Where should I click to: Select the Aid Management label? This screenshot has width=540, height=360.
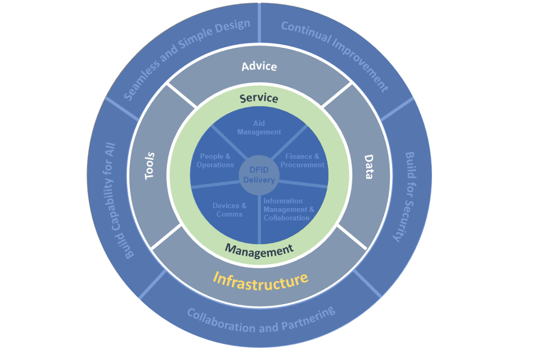pos(259,128)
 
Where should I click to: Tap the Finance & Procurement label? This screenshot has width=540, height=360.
pos(303,161)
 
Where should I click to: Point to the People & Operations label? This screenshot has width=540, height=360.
pos(215,161)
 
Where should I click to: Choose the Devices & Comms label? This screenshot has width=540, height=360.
pos(229,210)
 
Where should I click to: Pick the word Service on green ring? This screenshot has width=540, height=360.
pos(259,98)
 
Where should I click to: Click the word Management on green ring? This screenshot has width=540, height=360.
pos(259,250)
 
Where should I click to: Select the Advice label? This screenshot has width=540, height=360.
pos(259,66)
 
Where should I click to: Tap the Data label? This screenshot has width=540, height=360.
pos(368,167)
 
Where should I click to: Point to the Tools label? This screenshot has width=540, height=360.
pos(150,166)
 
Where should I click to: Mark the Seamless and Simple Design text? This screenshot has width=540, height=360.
pos(186,59)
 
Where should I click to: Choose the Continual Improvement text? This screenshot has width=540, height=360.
pos(335,56)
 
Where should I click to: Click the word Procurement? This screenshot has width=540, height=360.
pos(303,165)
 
